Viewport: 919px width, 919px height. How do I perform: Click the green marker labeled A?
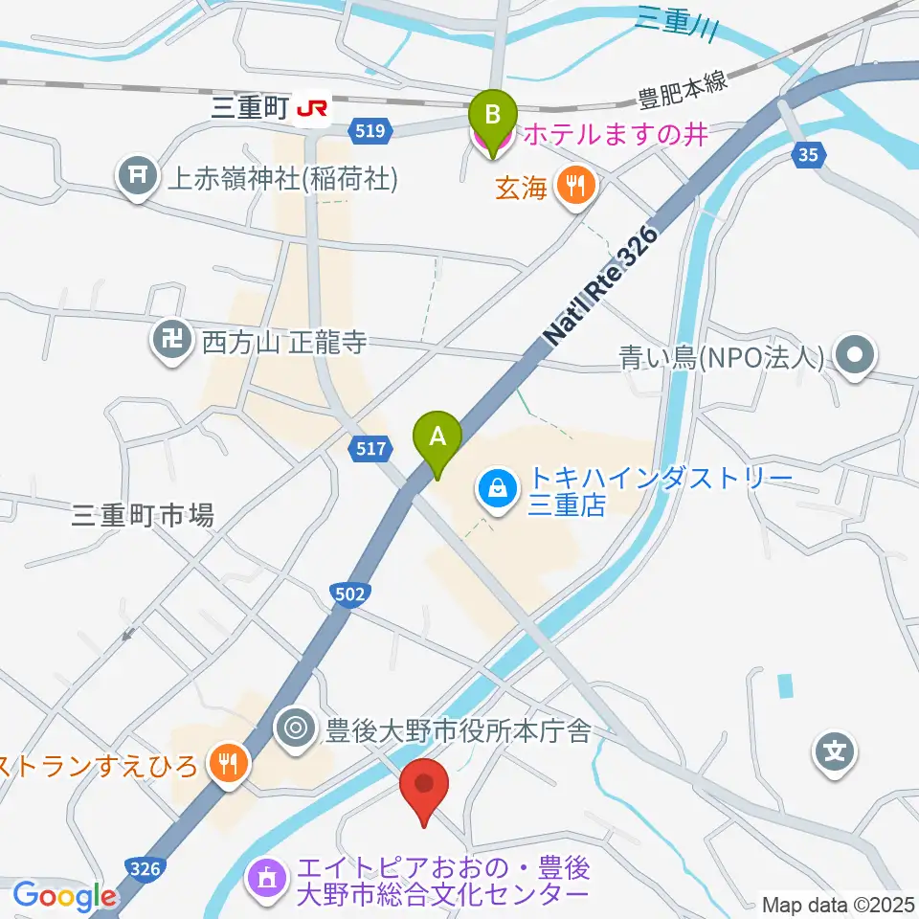pos(437,437)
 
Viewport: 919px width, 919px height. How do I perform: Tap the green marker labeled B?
pos(492,116)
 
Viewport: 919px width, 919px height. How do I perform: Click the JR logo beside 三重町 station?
pos(312,111)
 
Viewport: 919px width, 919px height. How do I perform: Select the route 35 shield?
pos(810,155)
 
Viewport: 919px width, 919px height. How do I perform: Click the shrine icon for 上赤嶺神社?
pos(138,175)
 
